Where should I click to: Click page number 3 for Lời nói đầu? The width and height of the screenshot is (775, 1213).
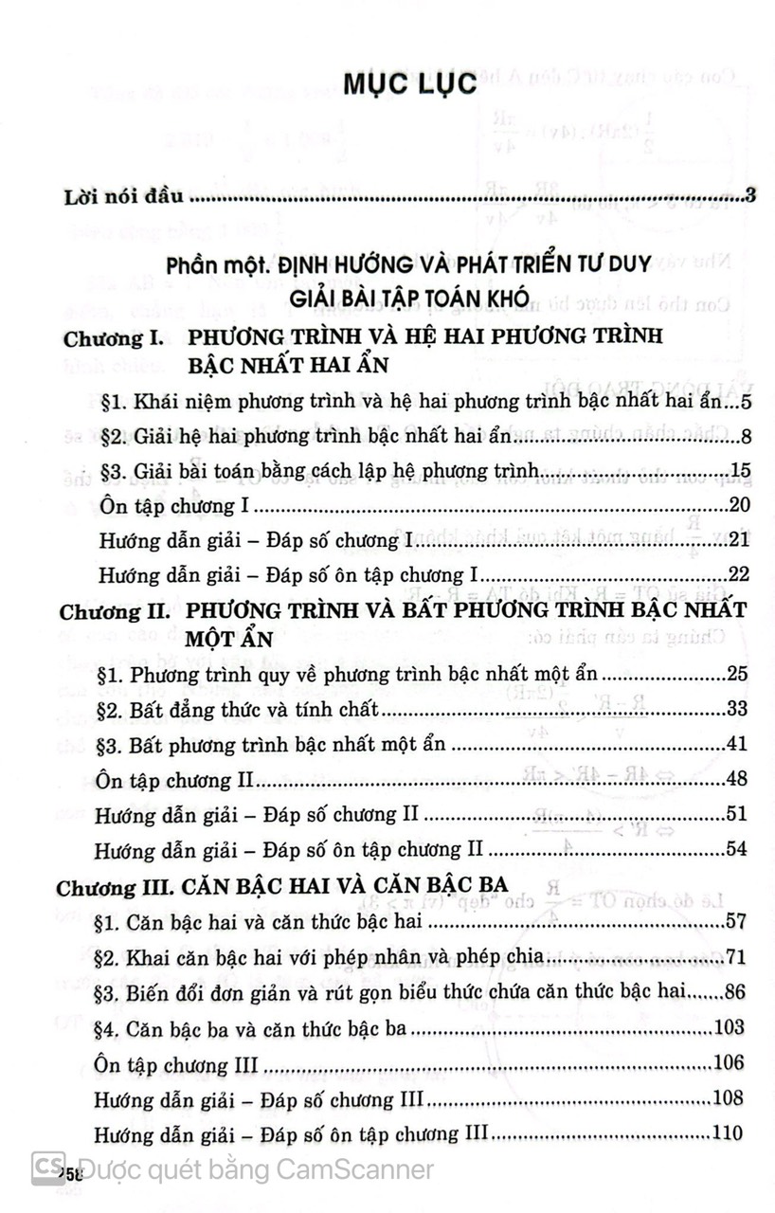click(748, 197)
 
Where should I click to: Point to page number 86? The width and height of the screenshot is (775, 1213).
click(735, 991)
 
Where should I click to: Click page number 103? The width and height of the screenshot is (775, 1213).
click(730, 1027)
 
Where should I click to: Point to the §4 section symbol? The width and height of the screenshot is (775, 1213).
click(108, 1027)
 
